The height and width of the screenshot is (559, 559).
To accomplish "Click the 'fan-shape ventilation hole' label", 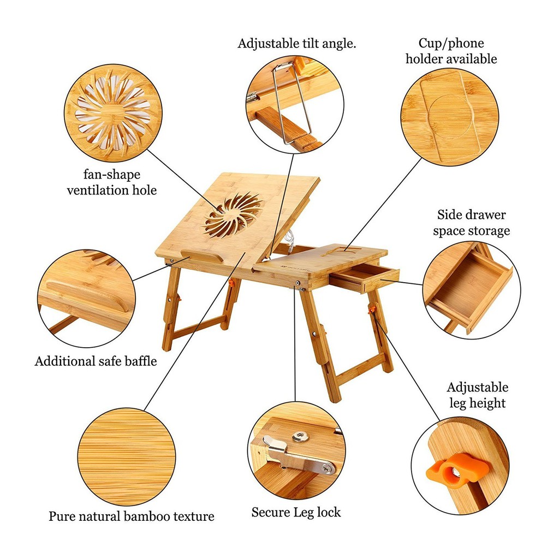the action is [x=111, y=182].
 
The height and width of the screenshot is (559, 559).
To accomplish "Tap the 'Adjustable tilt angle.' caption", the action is [x=297, y=44].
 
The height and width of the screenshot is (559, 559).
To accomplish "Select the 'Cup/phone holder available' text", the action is [x=451, y=51].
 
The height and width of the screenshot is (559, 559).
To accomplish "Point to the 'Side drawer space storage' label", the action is [x=472, y=223].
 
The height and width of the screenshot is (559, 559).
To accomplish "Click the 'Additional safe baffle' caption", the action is [x=96, y=361].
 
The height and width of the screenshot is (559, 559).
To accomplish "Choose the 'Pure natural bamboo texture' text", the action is [x=131, y=516].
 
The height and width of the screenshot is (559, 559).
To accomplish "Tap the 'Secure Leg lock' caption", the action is [x=296, y=513].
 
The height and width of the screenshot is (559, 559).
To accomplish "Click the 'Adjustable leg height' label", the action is [x=477, y=395].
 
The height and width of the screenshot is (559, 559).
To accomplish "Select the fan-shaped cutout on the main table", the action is [x=233, y=214].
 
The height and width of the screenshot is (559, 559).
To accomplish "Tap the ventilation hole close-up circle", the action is [x=112, y=114].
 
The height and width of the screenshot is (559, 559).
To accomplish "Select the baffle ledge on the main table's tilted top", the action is [x=201, y=257].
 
